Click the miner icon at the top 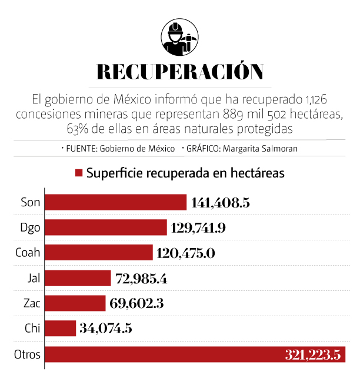(179, 36)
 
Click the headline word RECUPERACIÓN (179, 71)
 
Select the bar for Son (116, 202)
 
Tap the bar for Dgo (106, 227)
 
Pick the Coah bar (99, 252)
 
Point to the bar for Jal (78, 277)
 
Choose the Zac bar (76, 303)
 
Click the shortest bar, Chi (61, 328)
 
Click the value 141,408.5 (221, 203)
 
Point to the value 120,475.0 (186, 253)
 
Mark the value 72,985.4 (140, 278)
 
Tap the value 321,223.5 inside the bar (312, 355)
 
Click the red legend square (78, 173)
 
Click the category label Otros (26, 354)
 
